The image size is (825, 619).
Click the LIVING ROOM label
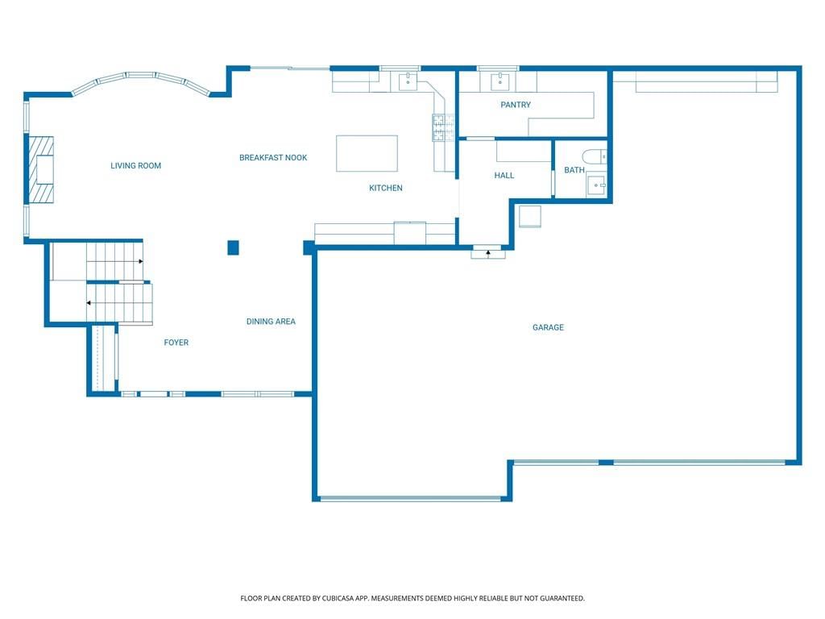click(x=135, y=166)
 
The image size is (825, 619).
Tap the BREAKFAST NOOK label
click(x=273, y=158)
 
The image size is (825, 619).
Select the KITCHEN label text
click(x=386, y=188)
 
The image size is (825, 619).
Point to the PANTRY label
click(x=516, y=105)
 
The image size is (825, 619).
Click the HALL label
click(x=504, y=175)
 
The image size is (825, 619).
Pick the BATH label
click(x=574, y=170)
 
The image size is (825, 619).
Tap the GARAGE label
click(x=548, y=327)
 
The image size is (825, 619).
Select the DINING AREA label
click(x=271, y=322)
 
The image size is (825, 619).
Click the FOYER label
click(x=176, y=343)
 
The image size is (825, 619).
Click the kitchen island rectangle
click(x=367, y=153)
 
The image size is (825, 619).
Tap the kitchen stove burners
click(x=443, y=127)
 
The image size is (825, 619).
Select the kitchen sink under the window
click(x=408, y=81)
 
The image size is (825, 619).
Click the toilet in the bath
click(x=595, y=157)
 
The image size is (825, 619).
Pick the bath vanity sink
click(x=597, y=185)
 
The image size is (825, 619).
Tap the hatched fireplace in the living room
click(x=41, y=169)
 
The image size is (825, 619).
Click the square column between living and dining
click(x=233, y=247)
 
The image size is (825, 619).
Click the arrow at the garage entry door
click(x=488, y=254)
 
